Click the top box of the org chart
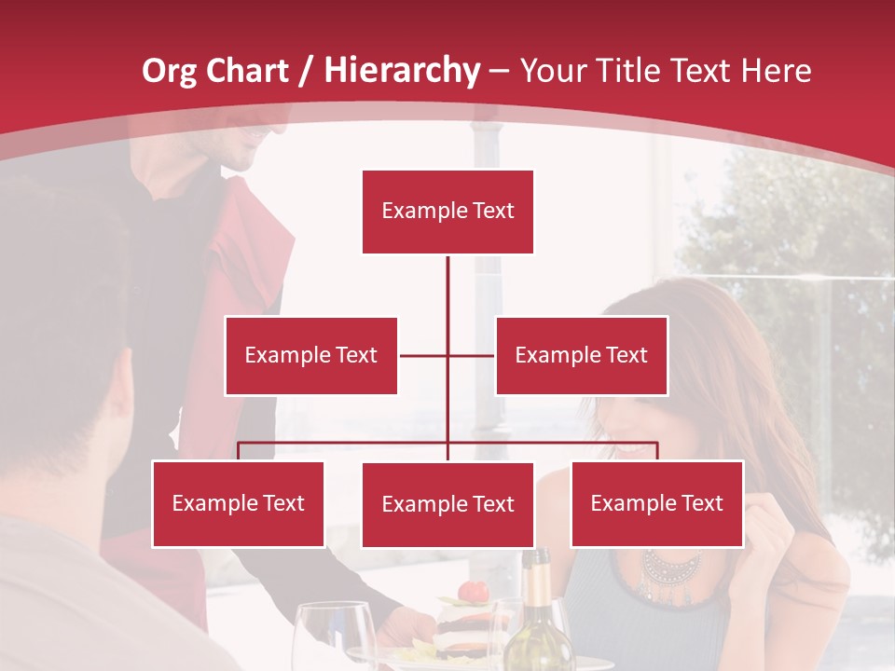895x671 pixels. coord(447,212)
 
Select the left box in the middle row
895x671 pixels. coord(310,355)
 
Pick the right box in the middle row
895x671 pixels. coord(581,355)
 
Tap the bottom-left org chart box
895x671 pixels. coord(238,503)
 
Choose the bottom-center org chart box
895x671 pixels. coord(447,504)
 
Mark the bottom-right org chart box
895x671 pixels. coord(656,503)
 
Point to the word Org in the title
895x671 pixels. coord(169,70)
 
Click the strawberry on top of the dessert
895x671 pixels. coord(475,592)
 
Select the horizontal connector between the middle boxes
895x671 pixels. coord(447,355)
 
